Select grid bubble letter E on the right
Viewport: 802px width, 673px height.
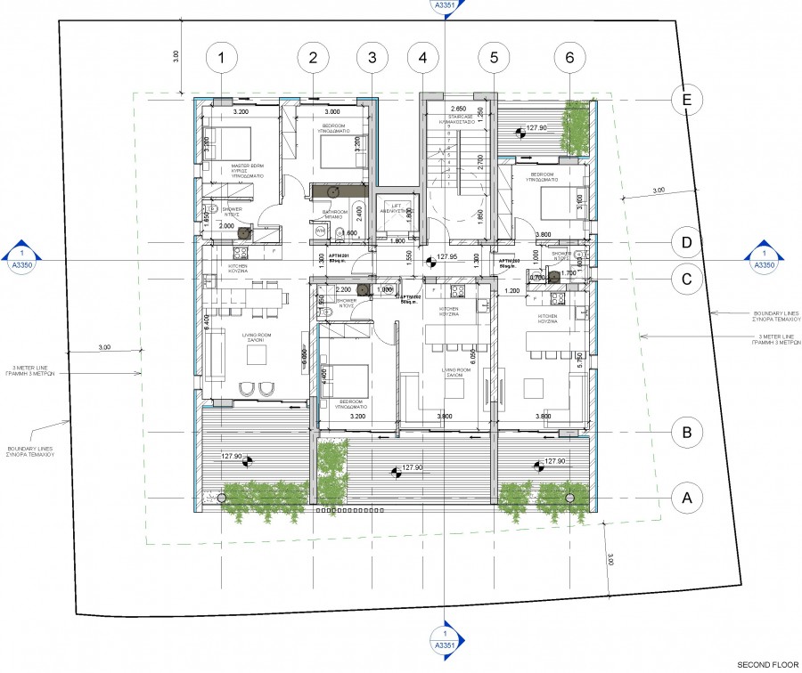click(686, 100)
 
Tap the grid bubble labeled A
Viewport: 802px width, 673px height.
click(686, 498)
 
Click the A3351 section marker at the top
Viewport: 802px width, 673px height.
click(443, 7)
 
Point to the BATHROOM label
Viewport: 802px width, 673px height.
click(336, 215)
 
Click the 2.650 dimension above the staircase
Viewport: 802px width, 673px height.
click(460, 109)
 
